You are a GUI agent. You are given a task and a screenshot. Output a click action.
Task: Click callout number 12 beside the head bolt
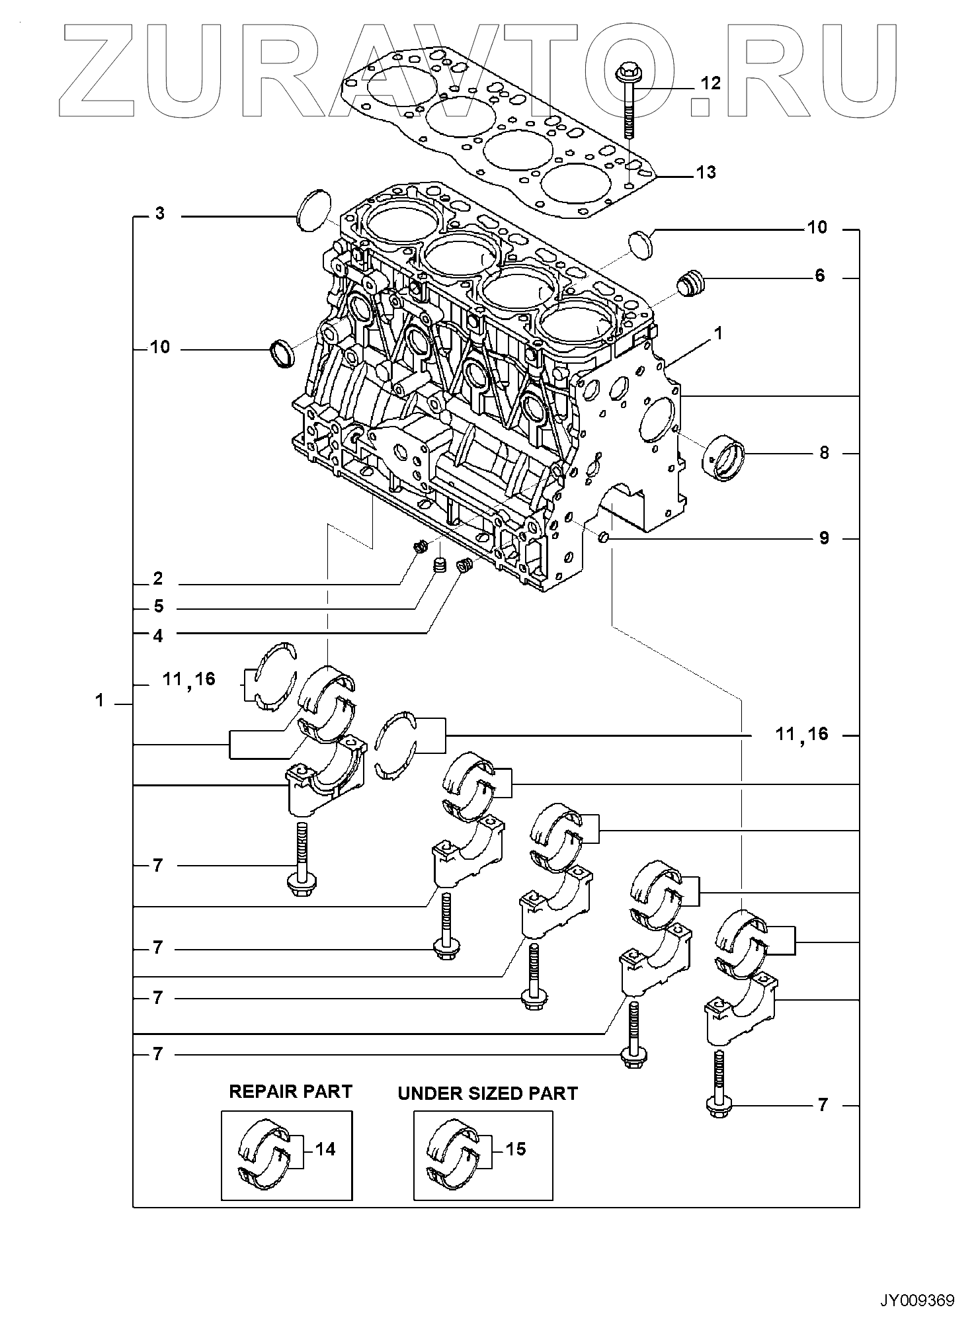click(x=710, y=83)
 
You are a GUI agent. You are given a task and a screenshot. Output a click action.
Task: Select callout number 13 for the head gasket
click(x=706, y=173)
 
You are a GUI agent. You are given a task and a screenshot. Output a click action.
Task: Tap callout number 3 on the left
click(x=160, y=214)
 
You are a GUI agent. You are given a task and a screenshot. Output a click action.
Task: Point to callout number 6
click(x=820, y=276)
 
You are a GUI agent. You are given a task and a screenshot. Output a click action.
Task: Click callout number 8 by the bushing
click(x=824, y=453)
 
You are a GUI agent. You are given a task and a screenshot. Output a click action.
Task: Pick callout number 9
click(x=824, y=538)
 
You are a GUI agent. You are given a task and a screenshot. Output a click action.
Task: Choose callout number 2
click(x=157, y=579)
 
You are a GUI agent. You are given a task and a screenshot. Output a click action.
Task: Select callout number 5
click(x=158, y=606)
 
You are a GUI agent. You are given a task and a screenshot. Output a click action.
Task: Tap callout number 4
click(x=158, y=636)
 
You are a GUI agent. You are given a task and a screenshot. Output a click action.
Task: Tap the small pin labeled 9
click(x=603, y=538)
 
